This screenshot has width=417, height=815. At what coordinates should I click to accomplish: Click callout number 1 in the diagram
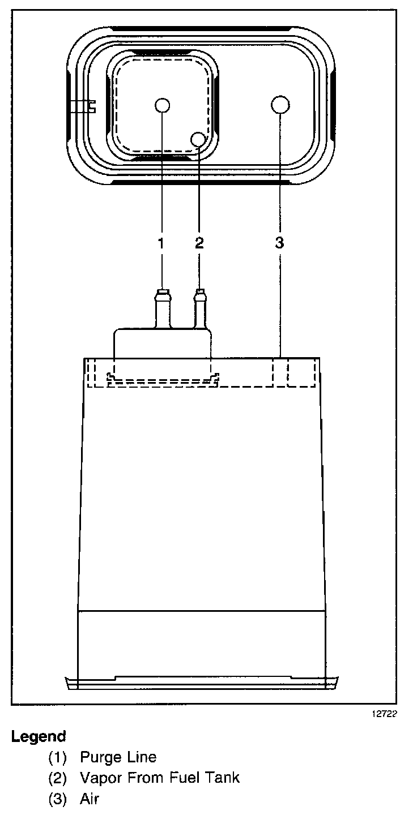click(161, 243)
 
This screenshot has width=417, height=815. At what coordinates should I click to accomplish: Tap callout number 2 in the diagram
click(199, 243)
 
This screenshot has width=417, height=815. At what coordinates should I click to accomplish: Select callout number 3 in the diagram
click(279, 243)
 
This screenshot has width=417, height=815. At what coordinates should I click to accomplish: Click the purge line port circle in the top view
click(162, 105)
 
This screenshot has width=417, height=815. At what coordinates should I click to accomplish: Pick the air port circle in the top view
click(280, 105)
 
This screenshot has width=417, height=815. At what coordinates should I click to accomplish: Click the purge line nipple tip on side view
click(162, 293)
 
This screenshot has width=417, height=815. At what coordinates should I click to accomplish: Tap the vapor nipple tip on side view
click(199, 293)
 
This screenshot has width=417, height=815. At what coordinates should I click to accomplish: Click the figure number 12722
click(385, 714)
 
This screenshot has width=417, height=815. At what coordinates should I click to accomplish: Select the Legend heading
click(39, 737)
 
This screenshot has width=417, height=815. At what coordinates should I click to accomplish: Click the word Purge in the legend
click(100, 757)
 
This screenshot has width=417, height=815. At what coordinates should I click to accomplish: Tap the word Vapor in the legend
click(99, 778)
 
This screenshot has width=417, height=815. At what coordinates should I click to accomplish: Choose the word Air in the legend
click(90, 799)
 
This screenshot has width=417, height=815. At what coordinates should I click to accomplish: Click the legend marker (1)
click(57, 757)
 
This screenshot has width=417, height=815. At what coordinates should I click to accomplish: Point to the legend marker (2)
click(57, 778)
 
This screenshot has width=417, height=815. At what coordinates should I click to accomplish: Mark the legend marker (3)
click(57, 799)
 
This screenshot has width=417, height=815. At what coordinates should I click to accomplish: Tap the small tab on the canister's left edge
click(82, 106)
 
